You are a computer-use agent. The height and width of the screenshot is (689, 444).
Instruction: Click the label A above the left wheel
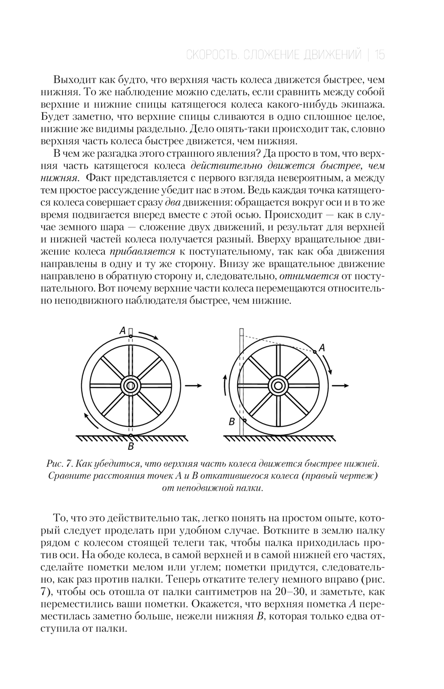pos(122,330)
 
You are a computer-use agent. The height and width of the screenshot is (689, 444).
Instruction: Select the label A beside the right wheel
pos(322,348)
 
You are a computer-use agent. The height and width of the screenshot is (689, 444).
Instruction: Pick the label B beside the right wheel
pos(232,422)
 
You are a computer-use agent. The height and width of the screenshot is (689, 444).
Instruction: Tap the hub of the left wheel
pos(131,386)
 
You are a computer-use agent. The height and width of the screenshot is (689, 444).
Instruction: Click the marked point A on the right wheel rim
pos(314,352)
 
